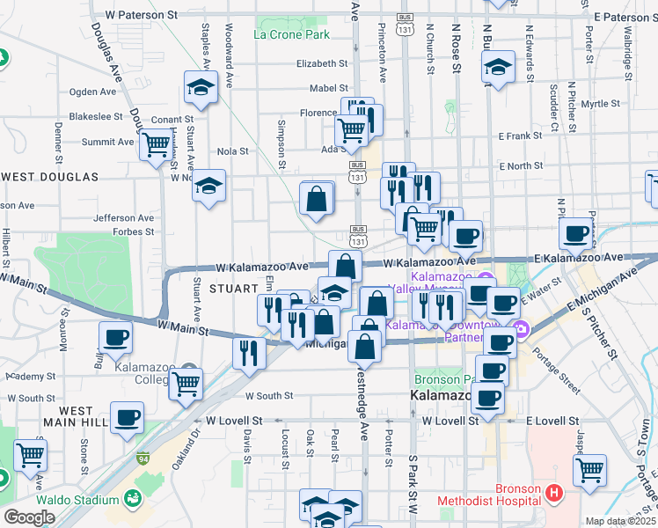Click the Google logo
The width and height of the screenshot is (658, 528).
[x=29, y=517]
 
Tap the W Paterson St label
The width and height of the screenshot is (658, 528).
[x=141, y=16]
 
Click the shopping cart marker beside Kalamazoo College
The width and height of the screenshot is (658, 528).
[x=186, y=383]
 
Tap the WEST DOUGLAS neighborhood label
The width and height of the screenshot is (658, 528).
[x=50, y=177]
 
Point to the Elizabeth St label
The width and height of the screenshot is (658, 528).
[x=322, y=64]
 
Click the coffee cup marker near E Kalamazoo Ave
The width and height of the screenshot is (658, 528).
[x=576, y=233]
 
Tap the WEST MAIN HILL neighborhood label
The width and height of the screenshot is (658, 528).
[x=76, y=417]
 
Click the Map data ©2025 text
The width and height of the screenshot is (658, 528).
[x=621, y=521]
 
